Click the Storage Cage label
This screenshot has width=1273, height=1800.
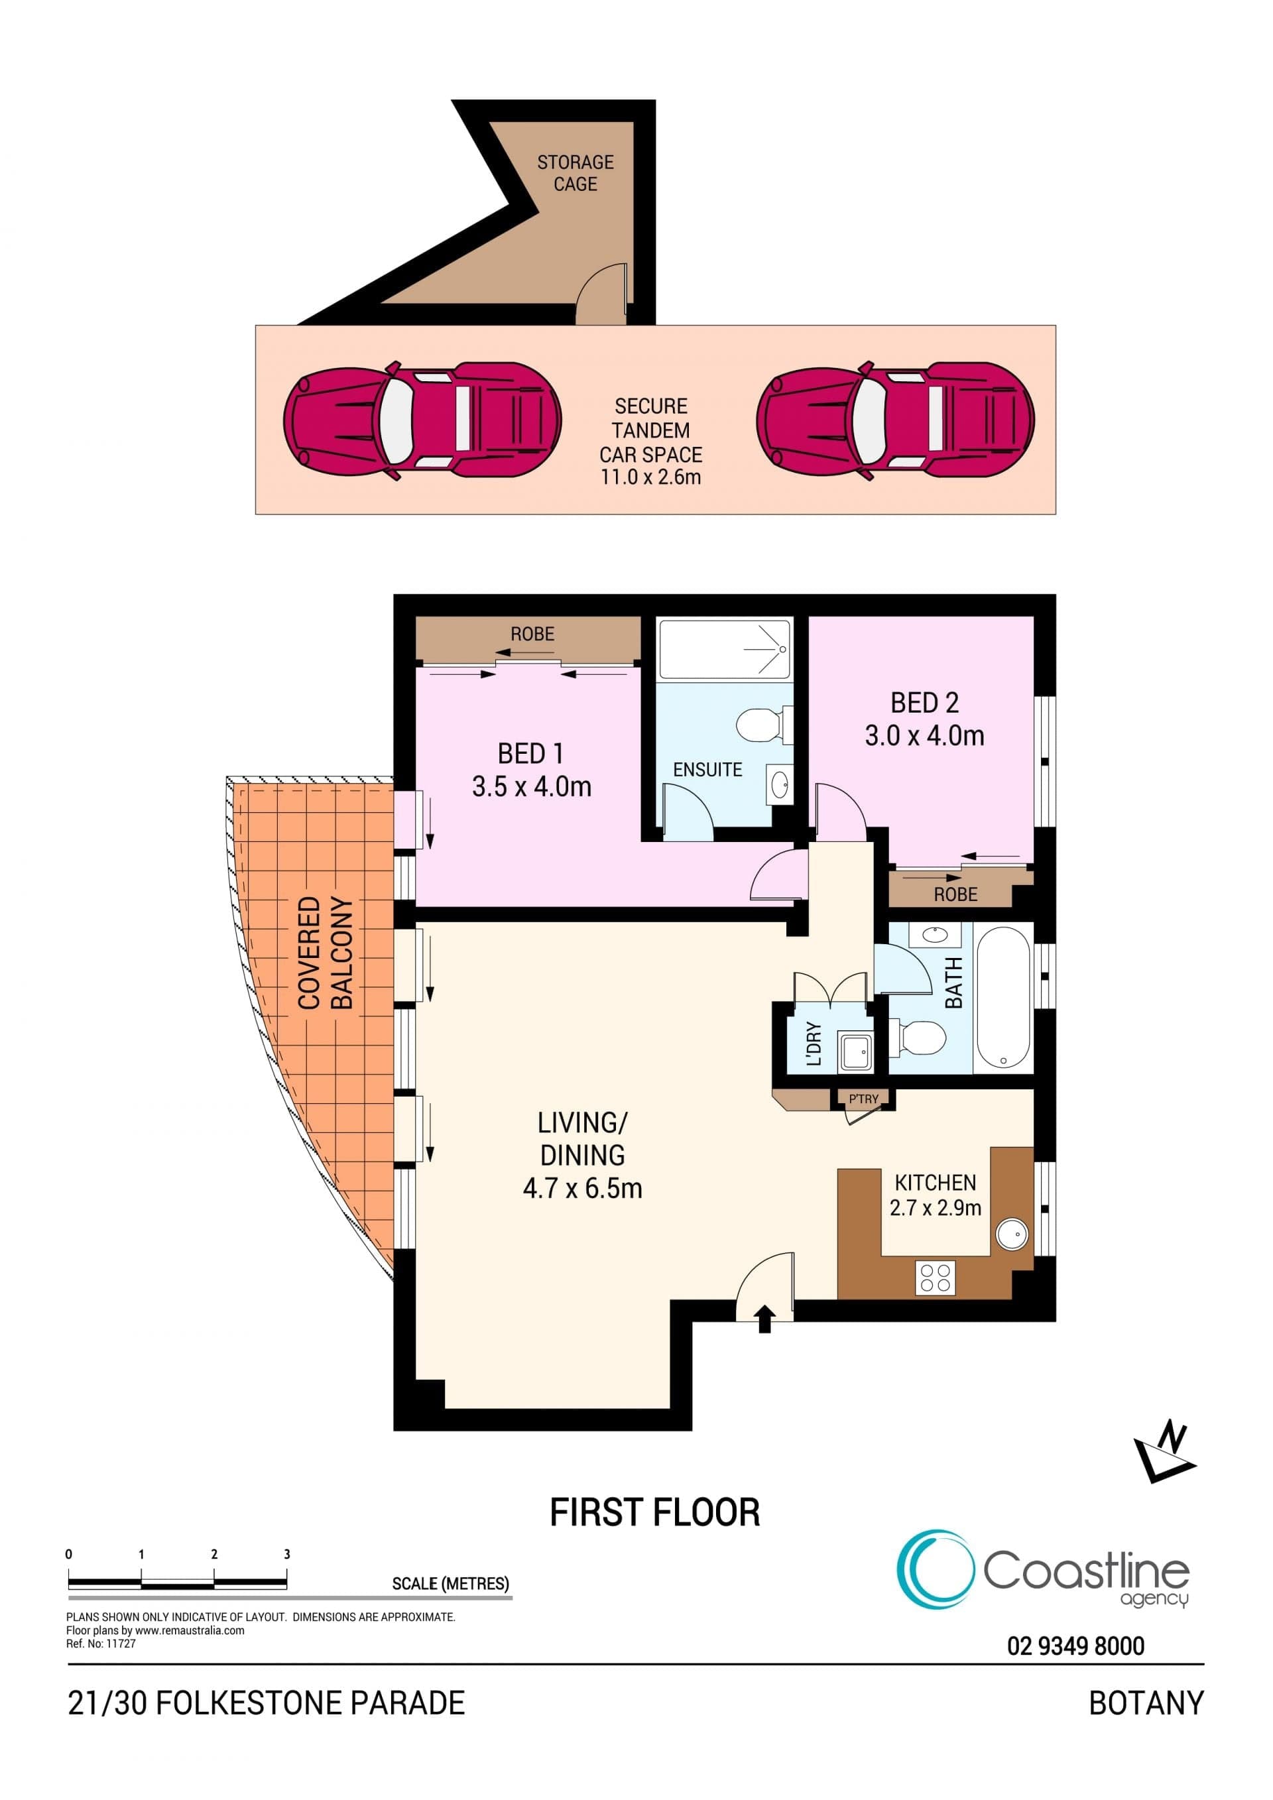click(576, 173)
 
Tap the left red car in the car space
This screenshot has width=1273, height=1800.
click(422, 421)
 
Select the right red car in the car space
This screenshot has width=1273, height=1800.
click(895, 421)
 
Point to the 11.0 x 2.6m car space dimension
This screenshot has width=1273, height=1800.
click(650, 477)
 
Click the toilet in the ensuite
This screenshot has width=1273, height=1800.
click(764, 723)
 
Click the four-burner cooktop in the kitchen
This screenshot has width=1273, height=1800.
click(935, 1278)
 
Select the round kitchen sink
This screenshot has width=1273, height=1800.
click(1012, 1234)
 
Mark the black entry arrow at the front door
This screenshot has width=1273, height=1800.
click(765, 1319)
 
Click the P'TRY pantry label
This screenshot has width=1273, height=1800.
click(864, 1099)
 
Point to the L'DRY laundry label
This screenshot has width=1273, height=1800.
click(814, 1044)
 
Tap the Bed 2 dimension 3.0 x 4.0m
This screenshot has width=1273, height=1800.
click(925, 735)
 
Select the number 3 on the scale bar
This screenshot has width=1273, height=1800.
click(287, 1554)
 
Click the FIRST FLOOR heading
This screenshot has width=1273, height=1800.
click(655, 1513)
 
